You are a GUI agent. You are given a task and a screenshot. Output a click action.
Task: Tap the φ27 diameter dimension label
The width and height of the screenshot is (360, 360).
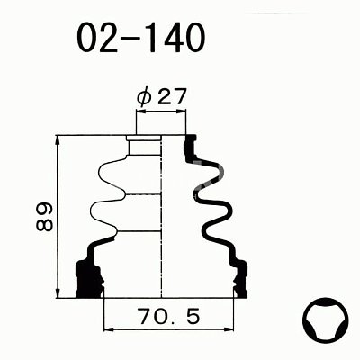(162, 96)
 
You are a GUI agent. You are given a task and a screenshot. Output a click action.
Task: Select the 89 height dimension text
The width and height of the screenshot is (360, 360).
(44, 217)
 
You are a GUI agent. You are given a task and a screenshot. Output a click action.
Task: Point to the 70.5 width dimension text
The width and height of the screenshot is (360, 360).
(169, 316)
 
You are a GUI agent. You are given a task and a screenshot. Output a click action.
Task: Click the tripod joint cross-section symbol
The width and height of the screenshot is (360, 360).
(326, 320)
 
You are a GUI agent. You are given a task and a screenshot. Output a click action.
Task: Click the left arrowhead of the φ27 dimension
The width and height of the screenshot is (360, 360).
(140, 112)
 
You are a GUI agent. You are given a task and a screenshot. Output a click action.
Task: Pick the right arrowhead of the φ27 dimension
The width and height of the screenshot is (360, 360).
(182, 112)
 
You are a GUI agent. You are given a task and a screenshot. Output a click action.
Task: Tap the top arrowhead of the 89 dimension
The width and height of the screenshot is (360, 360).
(58, 140)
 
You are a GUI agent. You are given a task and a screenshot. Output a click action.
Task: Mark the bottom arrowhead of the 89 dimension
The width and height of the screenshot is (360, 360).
(58, 293)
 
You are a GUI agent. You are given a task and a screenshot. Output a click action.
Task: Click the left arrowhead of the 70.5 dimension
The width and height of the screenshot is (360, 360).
(108, 329)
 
